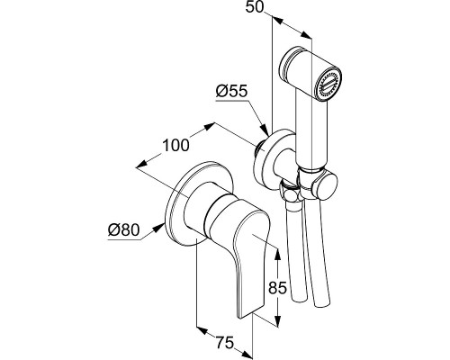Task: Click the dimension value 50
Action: (254, 6)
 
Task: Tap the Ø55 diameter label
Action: (232, 91)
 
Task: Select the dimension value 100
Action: (176, 145)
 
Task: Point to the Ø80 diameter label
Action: (124, 230)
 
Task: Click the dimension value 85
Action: (278, 288)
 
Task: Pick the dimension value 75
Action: (224, 343)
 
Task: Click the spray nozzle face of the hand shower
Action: (330, 85)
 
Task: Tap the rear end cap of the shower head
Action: (286, 63)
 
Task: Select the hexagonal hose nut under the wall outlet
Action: (290, 193)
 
